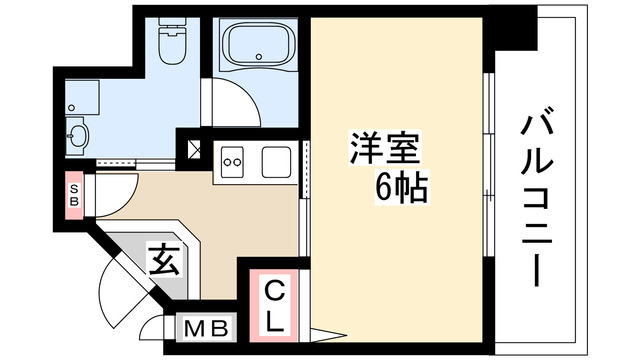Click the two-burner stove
click(x=234, y=158)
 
